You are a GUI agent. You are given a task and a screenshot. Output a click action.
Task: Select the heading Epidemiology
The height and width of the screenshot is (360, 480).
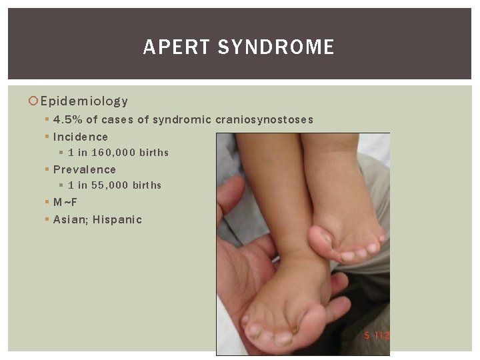(84, 101)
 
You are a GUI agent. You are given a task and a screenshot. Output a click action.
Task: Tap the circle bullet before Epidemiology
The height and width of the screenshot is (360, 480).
(33, 101)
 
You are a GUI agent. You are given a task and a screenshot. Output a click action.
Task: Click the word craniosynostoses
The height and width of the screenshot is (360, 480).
(264, 120)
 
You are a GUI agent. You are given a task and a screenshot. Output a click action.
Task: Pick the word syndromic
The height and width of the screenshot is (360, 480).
(182, 120)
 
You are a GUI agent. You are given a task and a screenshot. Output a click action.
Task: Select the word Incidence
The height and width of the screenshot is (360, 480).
(80, 137)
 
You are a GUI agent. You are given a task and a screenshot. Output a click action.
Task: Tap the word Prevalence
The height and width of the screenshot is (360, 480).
(84, 169)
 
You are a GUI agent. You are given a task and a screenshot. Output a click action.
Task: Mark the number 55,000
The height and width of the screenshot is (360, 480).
(111, 185)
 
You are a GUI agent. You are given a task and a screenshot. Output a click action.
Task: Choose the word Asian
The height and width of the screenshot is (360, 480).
(69, 219)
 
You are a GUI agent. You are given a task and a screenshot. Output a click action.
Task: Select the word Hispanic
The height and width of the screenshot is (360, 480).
(117, 219)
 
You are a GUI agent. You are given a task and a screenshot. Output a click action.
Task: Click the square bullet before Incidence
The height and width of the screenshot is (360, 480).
(47, 137)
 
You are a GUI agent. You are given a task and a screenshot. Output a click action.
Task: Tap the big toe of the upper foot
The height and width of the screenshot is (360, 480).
(321, 237)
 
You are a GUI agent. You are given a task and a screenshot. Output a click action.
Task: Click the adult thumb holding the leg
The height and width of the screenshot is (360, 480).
(233, 200)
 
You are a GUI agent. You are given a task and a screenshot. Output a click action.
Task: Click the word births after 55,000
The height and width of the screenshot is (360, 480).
(147, 185)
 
